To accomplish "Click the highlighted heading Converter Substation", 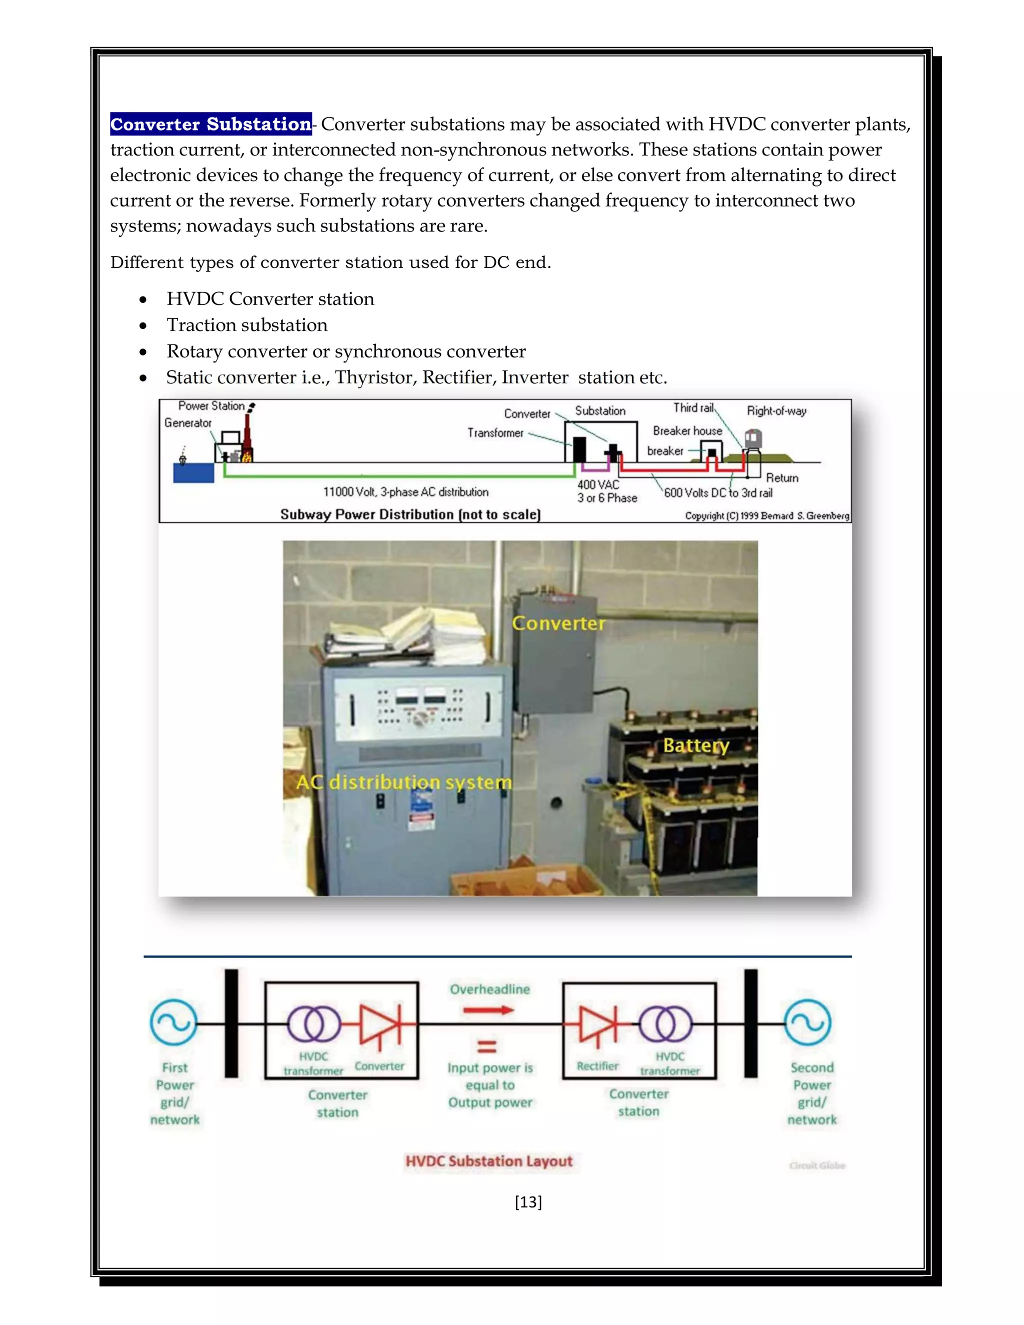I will pos(210,124).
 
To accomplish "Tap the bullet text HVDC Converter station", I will pos(270,299).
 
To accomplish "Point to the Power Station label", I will pos(211,406).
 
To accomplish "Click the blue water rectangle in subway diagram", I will pos(193,472).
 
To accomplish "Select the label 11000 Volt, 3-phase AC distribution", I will pos(405,492).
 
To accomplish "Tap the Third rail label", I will pos(693,408).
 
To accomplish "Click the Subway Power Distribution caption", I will pos(410,514).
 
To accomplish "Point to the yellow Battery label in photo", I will pos(696,745).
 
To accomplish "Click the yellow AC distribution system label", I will pos(403,782).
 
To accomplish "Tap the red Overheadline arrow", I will pos(488,1010).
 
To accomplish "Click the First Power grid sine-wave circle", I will pos(173,1023).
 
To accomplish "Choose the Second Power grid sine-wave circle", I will pos(807,1023).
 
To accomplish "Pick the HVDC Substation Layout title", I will pos(489,1161).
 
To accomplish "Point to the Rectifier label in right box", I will pos(597,1066).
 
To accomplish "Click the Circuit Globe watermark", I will pos(817,1165).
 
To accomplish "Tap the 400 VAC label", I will pos(598,484).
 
